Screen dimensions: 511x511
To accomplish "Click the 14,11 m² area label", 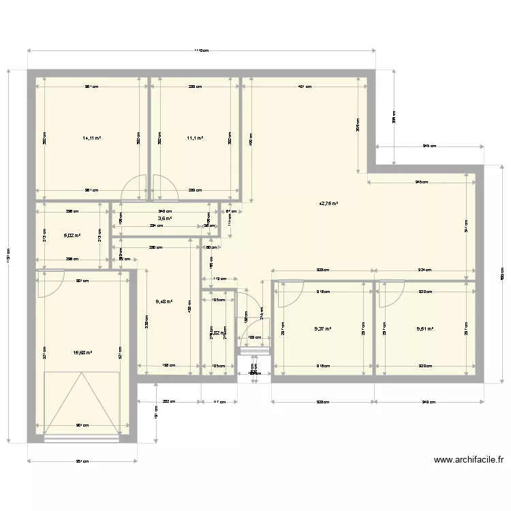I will (91, 138).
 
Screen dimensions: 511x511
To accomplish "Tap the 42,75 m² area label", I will (329, 204).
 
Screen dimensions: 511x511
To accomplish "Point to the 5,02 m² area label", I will (72, 236).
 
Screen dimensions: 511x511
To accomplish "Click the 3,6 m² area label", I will (165, 219).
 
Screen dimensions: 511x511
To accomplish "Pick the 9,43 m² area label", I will (164, 302).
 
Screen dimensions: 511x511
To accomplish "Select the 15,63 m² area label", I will (82, 353).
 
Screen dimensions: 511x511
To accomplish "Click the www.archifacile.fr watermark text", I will (468, 460).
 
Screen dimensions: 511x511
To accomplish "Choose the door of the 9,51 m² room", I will (391, 293).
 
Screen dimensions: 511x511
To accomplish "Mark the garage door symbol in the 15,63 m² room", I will (82, 403).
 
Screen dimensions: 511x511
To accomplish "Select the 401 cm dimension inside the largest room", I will (305, 87).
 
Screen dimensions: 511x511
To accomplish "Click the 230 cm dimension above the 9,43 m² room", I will (155, 247).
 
